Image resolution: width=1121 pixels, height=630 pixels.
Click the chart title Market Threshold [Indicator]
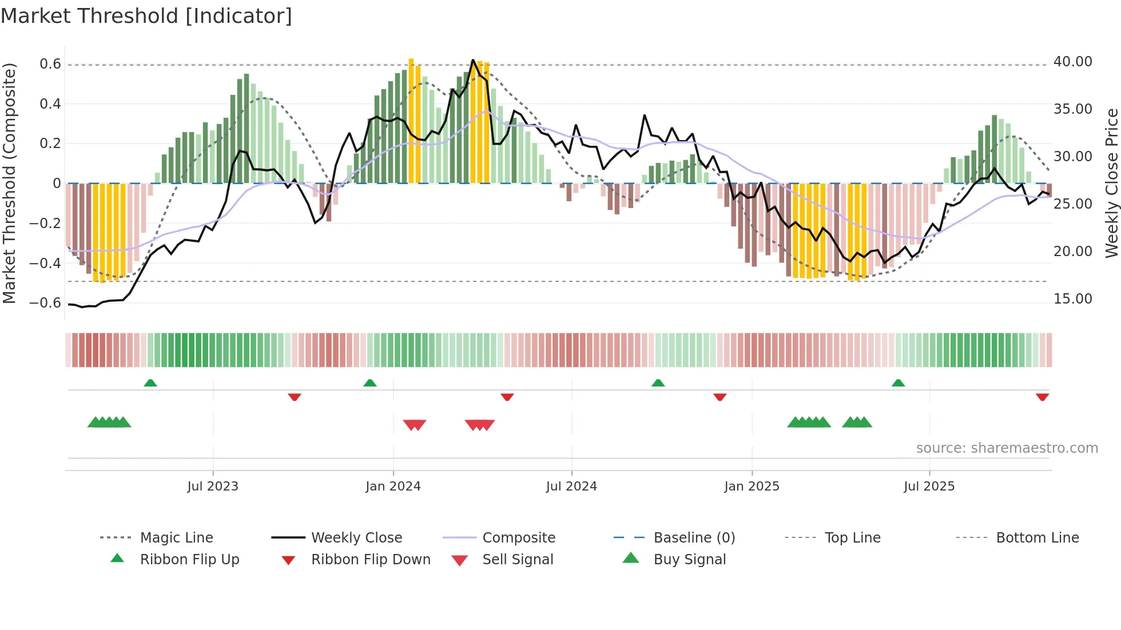146,16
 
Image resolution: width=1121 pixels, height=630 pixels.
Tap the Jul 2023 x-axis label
213,487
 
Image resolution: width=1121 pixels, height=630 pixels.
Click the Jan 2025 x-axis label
752,487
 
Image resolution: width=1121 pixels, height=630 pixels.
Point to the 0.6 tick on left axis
50,64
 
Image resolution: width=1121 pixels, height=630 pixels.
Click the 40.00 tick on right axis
1073,62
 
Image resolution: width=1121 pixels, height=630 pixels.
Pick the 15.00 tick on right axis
1073,299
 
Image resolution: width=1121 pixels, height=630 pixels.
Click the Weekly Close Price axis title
1111,183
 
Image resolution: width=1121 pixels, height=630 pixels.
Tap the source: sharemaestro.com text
1007,448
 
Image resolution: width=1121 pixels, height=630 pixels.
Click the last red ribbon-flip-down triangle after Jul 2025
1042,397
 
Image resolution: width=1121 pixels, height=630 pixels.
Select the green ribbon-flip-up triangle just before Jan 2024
370,383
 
